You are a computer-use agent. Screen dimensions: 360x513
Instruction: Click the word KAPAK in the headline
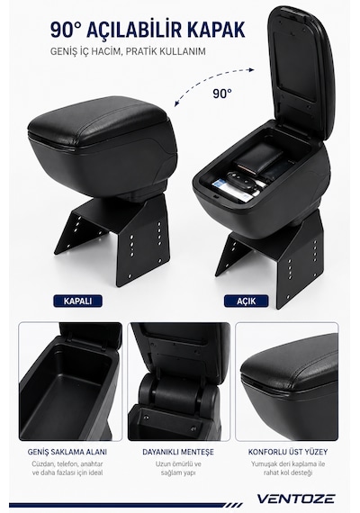[216, 30]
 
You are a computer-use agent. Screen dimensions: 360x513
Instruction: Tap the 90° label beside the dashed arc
[222, 94]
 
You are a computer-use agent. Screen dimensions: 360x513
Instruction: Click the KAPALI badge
[78, 301]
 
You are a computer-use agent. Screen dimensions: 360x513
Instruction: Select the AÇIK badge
[246, 301]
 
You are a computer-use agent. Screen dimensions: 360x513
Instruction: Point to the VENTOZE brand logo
[295, 499]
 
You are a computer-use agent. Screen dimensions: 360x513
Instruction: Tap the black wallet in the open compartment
[258, 158]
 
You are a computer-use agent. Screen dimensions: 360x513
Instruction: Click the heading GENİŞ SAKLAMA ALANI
[67, 452]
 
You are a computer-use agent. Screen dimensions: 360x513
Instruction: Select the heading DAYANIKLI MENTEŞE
[178, 452]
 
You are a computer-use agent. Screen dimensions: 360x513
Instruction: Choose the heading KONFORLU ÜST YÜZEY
[288, 452]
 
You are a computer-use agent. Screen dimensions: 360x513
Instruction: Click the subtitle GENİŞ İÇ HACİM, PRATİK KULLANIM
[128, 51]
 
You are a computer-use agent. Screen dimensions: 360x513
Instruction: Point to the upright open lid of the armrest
[301, 72]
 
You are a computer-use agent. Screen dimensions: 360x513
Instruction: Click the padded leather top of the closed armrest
[98, 121]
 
